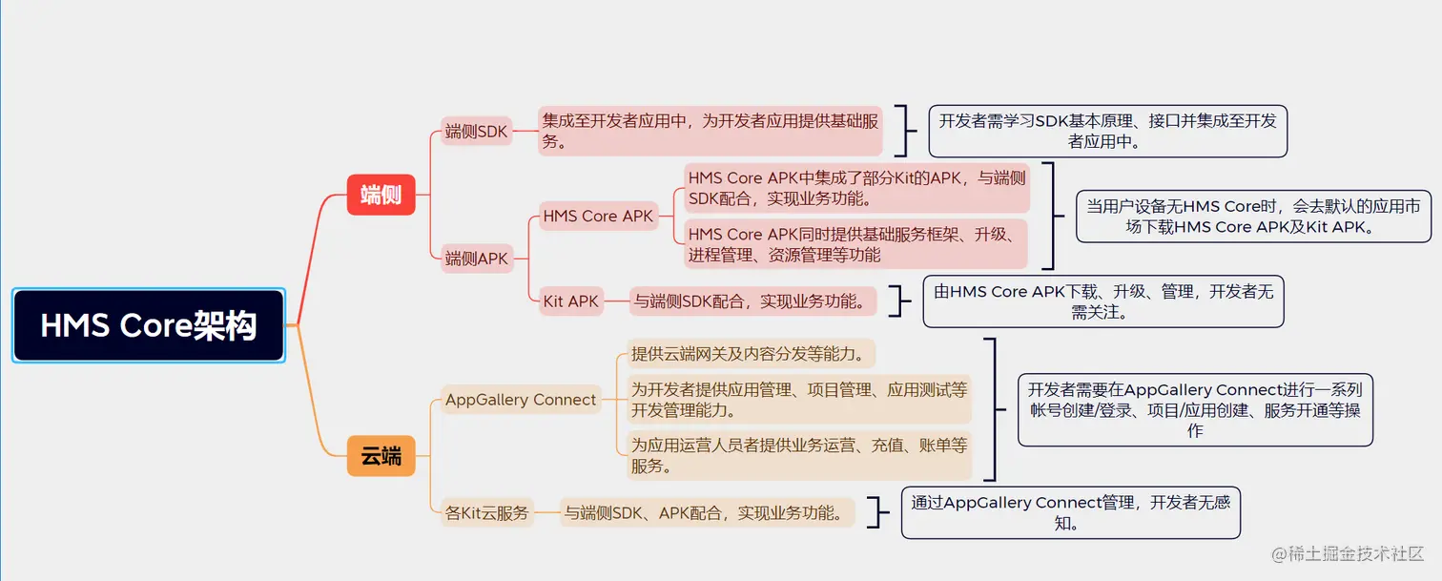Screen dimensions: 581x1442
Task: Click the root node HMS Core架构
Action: pos(149,326)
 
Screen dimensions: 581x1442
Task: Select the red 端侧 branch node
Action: pos(381,196)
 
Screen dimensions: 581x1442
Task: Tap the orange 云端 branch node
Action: pos(381,456)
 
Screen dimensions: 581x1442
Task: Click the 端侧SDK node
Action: pos(477,132)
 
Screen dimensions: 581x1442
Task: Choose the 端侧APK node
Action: pos(477,258)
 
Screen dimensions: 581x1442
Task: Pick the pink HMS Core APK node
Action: pos(598,217)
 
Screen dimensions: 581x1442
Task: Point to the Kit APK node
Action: pos(571,301)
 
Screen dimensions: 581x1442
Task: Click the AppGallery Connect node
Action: pos(521,400)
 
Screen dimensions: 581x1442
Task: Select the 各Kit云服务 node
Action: pos(486,513)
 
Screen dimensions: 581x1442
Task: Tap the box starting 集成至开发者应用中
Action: pos(711,131)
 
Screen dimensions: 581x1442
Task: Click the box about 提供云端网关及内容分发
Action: pos(751,355)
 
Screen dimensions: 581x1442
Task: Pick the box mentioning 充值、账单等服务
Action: pos(799,455)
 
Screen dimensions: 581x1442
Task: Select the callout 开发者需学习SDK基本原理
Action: pos(1107,131)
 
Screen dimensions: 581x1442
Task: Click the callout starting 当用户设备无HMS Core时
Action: pos(1253,216)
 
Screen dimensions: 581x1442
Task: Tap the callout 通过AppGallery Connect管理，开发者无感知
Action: pos(1070,512)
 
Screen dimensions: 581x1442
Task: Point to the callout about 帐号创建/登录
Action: pos(1194,409)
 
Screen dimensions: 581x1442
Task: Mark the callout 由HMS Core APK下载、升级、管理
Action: pos(1103,301)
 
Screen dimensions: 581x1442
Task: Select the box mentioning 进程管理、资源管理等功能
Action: pos(856,244)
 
